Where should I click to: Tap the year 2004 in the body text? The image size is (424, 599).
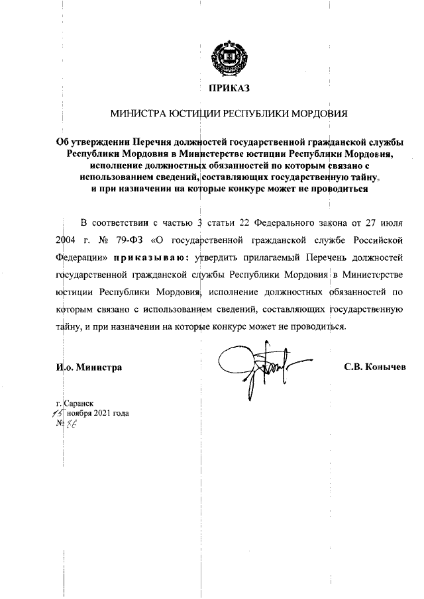[x=68, y=240]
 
